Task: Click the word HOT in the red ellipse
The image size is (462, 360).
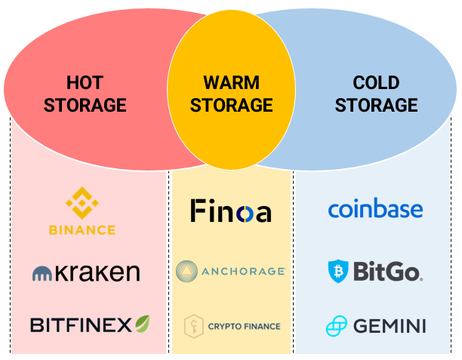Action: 85,82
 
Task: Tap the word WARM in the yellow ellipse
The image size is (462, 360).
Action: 231,82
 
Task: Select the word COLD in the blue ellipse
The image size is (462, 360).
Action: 376,82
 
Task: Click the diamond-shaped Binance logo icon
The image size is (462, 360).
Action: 82,203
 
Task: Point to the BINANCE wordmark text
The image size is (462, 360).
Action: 82,230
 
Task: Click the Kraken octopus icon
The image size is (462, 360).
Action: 42,273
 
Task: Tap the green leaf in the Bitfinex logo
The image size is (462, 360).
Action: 143,324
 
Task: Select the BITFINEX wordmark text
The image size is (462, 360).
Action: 81,325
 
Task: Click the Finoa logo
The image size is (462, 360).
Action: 231,211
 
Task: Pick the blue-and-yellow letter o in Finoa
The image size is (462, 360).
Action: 245,214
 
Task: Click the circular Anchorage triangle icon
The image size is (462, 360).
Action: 186,271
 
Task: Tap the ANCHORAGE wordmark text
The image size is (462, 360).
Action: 243,271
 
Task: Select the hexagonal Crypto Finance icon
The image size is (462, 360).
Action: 193,326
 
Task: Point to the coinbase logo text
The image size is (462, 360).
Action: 376,208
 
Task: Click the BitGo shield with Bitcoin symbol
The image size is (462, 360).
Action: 338,272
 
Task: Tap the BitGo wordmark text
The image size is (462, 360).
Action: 388,272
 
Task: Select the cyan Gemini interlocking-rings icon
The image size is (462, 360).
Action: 337,326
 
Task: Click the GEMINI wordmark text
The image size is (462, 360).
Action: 390,326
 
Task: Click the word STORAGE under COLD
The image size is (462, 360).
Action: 376,105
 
